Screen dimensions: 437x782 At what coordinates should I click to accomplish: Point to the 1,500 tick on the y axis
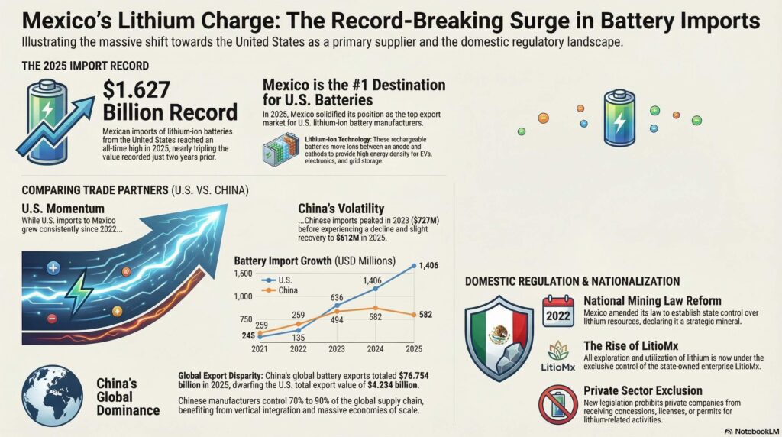pos(242,274)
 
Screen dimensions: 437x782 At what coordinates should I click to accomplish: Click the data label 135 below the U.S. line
pos(299,338)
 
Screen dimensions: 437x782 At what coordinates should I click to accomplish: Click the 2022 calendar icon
pos(558,311)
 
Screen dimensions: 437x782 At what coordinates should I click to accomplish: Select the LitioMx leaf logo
pos(557,351)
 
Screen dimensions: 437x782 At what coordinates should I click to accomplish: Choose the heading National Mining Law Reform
pos(652,300)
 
